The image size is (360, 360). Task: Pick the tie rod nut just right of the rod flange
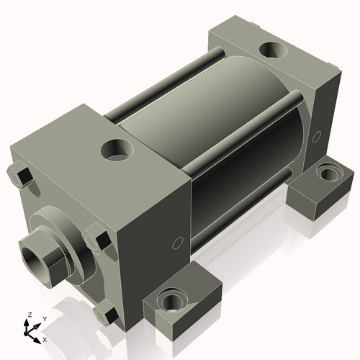click(99, 238)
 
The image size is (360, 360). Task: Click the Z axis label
click(30, 314)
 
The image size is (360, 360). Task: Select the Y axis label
click(44, 318)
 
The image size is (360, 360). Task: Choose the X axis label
click(45, 338)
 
